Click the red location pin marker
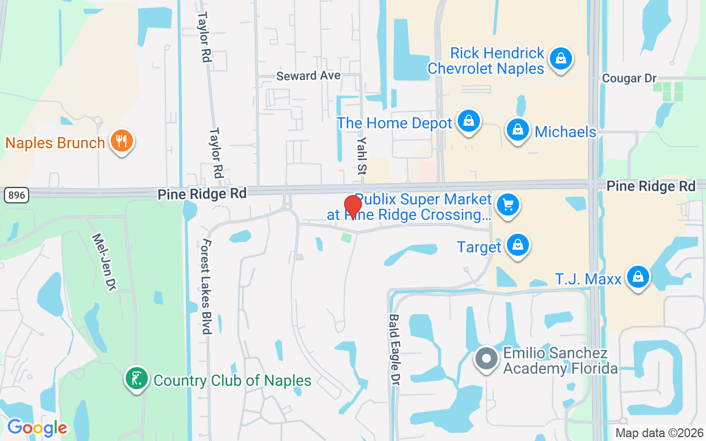[352, 207]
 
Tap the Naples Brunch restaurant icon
[121, 141]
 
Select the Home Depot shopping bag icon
[468, 121]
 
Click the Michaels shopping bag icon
[517, 131]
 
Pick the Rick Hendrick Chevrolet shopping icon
[560, 58]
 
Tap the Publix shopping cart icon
[507, 205]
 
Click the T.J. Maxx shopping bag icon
[638, 277]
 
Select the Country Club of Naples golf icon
[136, 379]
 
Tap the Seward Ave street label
[308, 76]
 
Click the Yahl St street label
[361, 155]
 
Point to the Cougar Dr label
[629, 78]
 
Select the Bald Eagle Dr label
[394, 349]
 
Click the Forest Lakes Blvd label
[207, 286]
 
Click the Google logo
[38, 427]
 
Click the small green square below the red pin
[346, 238]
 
